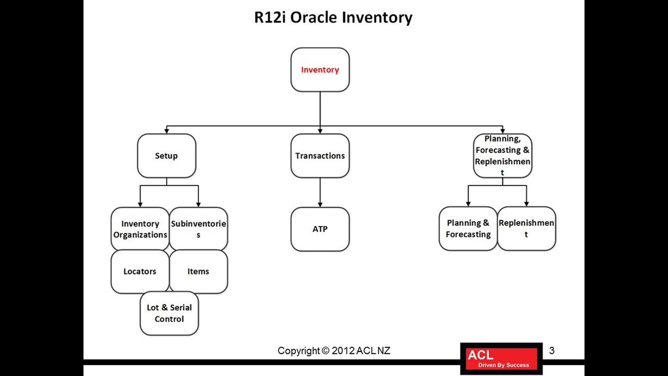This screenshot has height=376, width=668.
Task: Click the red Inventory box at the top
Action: pyautogui.click(x=320, y=70)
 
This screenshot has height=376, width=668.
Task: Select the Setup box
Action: pyautogui.click(x=166, y=156)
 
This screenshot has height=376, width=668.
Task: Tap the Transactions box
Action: pyautogui.click(x=320, y=156)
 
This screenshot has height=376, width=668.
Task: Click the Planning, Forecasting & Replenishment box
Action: pyautogui.click(x=503, y=156)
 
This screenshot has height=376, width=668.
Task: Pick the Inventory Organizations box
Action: pyautogui.click(x=140, y=229)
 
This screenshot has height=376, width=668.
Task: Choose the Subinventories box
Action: pyautogui.click(x=198, y=229)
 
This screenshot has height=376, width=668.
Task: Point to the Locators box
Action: pyautogui.click(x=140, y=272)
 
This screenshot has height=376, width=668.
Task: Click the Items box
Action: pyautogui.click(x=198, y=272)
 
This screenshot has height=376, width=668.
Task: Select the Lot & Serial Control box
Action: pyautogui.click(x=169, y=313)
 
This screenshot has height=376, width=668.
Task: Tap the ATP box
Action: pyautogui.click(x=320, y=229)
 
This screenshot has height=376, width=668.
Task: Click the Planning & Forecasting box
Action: pyautogui.click(x=468, y=229)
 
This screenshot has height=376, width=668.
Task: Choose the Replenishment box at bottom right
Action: pyautogui.click(x=527, y=229)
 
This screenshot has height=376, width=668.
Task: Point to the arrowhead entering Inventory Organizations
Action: pyautogui.click(x=140, y=204)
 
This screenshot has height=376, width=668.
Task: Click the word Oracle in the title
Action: pyautogui.click(x=314, y=17)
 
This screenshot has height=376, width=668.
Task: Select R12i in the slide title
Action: pyautogui.click(x=270, y=17)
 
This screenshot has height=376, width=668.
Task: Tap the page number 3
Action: pyautogui.click(x=552, y=351)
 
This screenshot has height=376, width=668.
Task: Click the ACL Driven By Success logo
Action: pyautogui.click(x=502, y=359)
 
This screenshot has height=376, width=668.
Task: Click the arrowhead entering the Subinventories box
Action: pyautogui.click(x=198, y=204)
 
